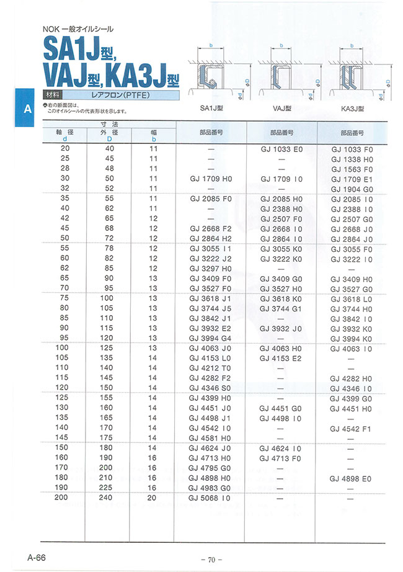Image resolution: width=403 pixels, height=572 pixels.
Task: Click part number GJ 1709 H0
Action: [x=211, y=178]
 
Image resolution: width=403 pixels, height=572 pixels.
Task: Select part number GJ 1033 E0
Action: [x=281, y=149]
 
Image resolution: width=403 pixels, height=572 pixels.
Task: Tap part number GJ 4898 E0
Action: [x=352, y=478]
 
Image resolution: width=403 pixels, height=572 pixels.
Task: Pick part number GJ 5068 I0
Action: [x=211, y=498]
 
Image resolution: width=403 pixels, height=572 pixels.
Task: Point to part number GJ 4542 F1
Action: [x=352, y=428]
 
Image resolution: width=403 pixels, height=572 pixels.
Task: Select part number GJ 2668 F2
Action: [x=211, y=228]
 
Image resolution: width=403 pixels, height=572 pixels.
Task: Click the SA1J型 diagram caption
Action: [x=212, y=107]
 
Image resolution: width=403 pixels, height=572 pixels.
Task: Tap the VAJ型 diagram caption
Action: [x=282, y=107]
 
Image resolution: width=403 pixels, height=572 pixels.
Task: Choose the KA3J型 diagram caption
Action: [x=352, y=107]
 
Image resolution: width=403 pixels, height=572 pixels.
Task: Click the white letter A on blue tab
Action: [x=27, y=109]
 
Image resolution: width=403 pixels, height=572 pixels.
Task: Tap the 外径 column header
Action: [x=110, y=132]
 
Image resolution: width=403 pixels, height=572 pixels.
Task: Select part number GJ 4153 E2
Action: [x=281, y=357]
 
